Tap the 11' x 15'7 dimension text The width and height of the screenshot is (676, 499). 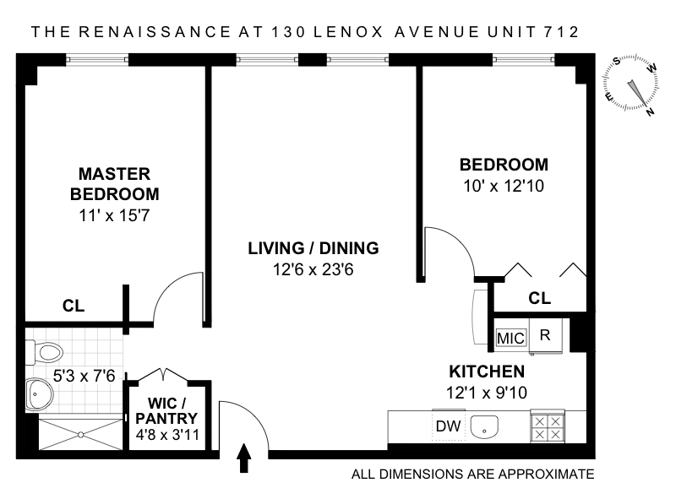114,214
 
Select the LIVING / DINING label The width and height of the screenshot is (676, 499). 313,248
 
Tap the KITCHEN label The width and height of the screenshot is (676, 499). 487,372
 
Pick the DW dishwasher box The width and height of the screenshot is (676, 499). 448,426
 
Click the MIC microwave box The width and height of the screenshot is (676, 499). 510,338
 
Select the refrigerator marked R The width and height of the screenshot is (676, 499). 545,334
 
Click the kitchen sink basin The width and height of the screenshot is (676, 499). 484,427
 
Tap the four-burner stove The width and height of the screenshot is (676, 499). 547,427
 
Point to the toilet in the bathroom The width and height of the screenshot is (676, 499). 44,350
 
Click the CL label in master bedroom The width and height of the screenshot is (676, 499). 74,307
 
